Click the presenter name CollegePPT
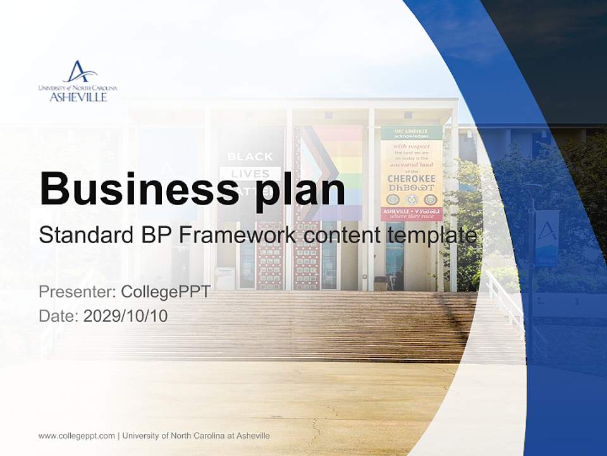pyautogui.click(x=166, y=293)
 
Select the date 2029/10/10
pyautogui.click(x=126, y=315)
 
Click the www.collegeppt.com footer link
pyautogui.click(x=77, y=436)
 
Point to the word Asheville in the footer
pyautogui.click(x=252, y=436)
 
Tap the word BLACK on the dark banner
pyautogui.click(x=250, y=156)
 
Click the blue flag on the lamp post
pyautogui.click(x=547, y=237)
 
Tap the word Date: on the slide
pyautogui.click(x=59, y=315)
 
